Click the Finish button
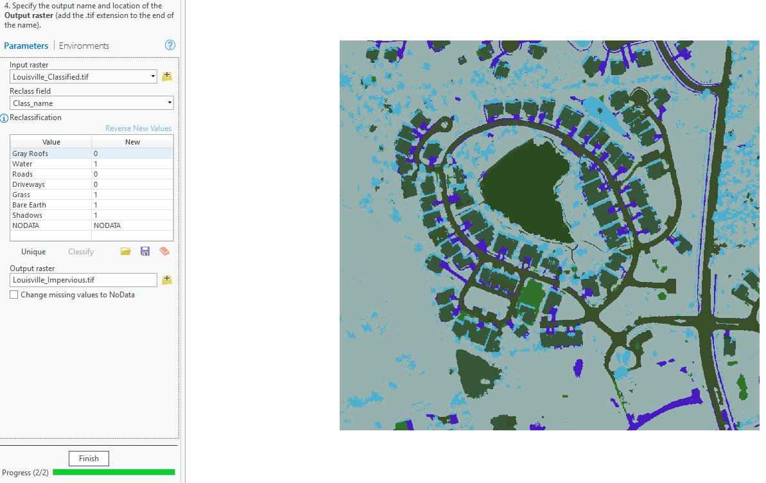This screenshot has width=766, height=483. pyautogui.click(x=89, y=459)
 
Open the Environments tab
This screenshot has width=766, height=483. pyautogui.click(x=84, y=46)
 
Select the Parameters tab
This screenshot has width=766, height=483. pyautogui.click(x=26, y=46)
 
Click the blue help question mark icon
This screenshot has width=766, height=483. pyautogui.click(x=170, y=45)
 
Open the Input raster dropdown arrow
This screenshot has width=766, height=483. pyautogui.click(x=153, y=76)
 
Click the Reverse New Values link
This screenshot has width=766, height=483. pyautogui.click(x=138, y=128)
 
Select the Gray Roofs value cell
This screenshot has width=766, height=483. pyautogui.click(x=51, y=154)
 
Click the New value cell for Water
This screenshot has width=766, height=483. pyautogui.click(x=132, y=164)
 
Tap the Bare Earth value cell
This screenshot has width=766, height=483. pyautogui.click(x=51, y=205)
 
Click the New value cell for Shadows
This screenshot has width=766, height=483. pyautogui.click(x=132, y=215)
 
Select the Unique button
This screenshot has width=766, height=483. pyautogui.click(x=33, y=252)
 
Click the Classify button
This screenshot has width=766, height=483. pyautogui.click(x=81, y=252)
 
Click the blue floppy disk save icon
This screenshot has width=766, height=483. pyautogui.click(x=145, y=251)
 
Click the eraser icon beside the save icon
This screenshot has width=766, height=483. pyautogui.click(x=164, y=251)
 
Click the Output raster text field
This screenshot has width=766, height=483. pyautogui.click(x=83, y=280)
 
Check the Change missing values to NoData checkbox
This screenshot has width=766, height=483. pyautogui.click(x=14, y=295)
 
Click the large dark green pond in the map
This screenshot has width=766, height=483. pyautogui.click(x=527, y=193)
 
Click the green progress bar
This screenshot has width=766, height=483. pyautogui.click(x=114, y=472)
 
